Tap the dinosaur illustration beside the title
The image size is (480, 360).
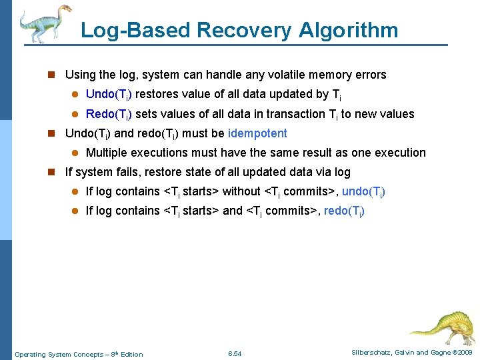pyautogui.click(x=45, y=23)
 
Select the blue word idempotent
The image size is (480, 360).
pyautogui.click(x=257, y=133)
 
